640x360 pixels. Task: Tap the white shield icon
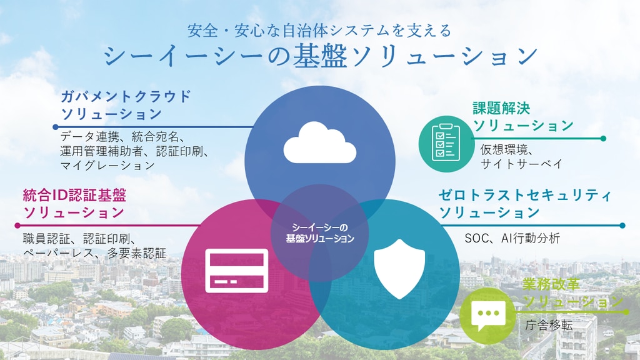(x=399, y=269)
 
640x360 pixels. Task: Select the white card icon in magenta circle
(x=237, y=271)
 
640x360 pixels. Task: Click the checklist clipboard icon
(x=446, y=142)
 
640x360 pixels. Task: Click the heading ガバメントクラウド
(x=126, y=96)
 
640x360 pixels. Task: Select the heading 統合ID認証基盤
(x=74, y=195)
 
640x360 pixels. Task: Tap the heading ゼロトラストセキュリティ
(x=525, y=195)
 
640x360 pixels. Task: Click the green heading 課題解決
(x=501, y=108)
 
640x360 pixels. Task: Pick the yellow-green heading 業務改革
(x=551, y=284)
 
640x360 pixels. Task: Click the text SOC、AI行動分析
(x=512, y=238)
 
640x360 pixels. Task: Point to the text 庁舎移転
(x=549, y=325)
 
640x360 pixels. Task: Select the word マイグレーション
(x=107, y=165)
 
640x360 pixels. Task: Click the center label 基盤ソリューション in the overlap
(x=320, y=238)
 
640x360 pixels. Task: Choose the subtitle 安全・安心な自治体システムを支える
(x=319, y=31)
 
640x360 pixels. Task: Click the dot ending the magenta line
(x=17, y=225)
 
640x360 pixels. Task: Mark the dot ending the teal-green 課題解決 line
(x=603, y=138)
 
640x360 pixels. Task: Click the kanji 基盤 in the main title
(x=320, y=56)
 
